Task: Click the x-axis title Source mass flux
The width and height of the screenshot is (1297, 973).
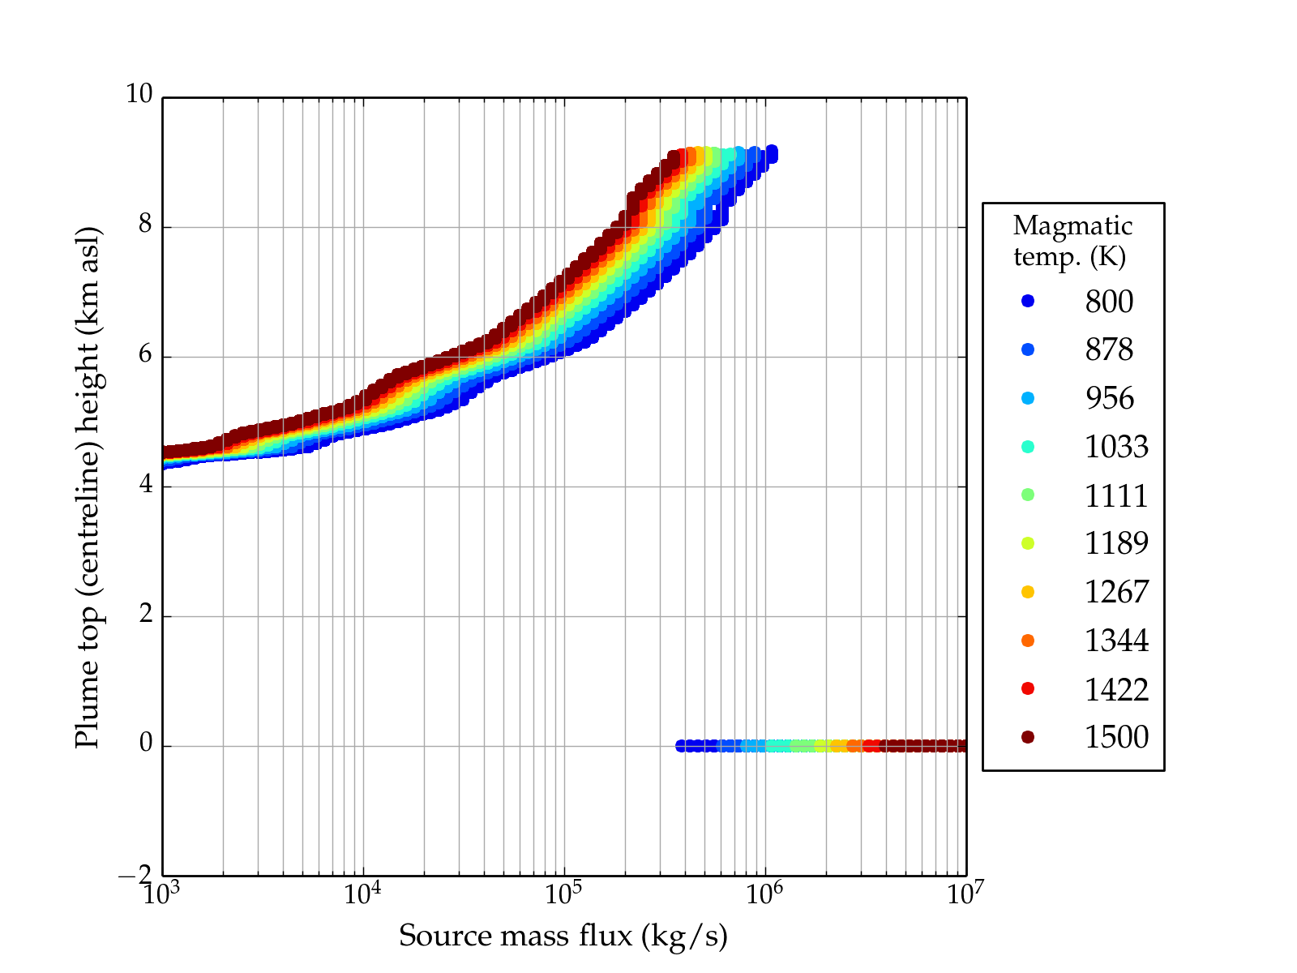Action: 563,936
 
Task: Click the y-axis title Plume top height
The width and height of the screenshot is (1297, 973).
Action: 87,486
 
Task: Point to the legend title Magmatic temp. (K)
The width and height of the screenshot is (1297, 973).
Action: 1072,241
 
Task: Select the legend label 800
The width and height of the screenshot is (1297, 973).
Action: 1109,302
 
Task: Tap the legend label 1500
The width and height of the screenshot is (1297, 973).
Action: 1116,737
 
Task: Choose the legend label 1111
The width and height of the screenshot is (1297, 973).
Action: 1116,495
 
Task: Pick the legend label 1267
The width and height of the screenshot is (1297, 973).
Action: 1116,592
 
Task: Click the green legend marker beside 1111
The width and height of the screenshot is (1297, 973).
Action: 1028,495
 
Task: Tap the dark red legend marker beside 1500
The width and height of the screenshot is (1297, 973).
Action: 1028,736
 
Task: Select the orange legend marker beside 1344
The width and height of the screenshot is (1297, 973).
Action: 1028,641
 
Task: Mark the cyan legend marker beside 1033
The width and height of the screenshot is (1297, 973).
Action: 1028,447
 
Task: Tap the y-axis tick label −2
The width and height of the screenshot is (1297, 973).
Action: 135,875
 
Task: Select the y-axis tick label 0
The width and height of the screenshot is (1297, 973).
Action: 146,744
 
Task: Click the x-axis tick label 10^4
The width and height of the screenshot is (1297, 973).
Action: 362,894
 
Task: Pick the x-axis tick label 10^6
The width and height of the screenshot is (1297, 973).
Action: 764,894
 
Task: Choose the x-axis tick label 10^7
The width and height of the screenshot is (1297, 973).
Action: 965,894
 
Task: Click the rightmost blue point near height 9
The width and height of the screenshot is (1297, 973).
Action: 772,152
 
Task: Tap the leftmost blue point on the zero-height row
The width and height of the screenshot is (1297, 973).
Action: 681,746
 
